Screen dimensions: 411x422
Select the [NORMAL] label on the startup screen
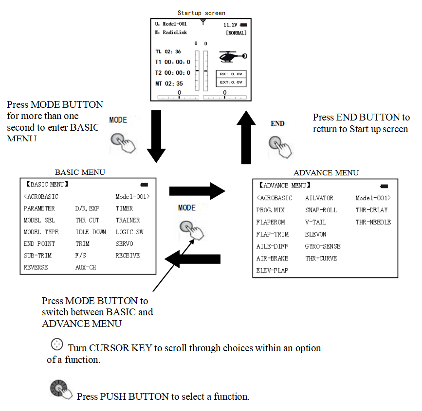[236, 33]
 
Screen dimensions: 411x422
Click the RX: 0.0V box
[231, 74]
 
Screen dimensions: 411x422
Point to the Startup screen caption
[201, 13]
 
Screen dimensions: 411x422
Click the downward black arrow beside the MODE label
[156, 136]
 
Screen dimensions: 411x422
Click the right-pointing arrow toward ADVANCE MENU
[197, 191]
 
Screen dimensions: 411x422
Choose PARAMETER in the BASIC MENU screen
[39, 208]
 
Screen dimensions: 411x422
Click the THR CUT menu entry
[87, 220]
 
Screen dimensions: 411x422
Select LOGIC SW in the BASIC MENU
[129, 232]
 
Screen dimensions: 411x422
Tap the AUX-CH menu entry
[85, 267]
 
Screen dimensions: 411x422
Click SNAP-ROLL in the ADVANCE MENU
[322, 210]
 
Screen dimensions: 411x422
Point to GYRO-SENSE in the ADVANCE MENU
[323, 246]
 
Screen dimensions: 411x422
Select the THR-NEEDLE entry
[373, 222]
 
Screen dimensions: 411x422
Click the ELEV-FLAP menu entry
[273, 270]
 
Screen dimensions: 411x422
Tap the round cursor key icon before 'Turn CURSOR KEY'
[57, 344]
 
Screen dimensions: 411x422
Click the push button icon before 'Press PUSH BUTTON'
[60, 389]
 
